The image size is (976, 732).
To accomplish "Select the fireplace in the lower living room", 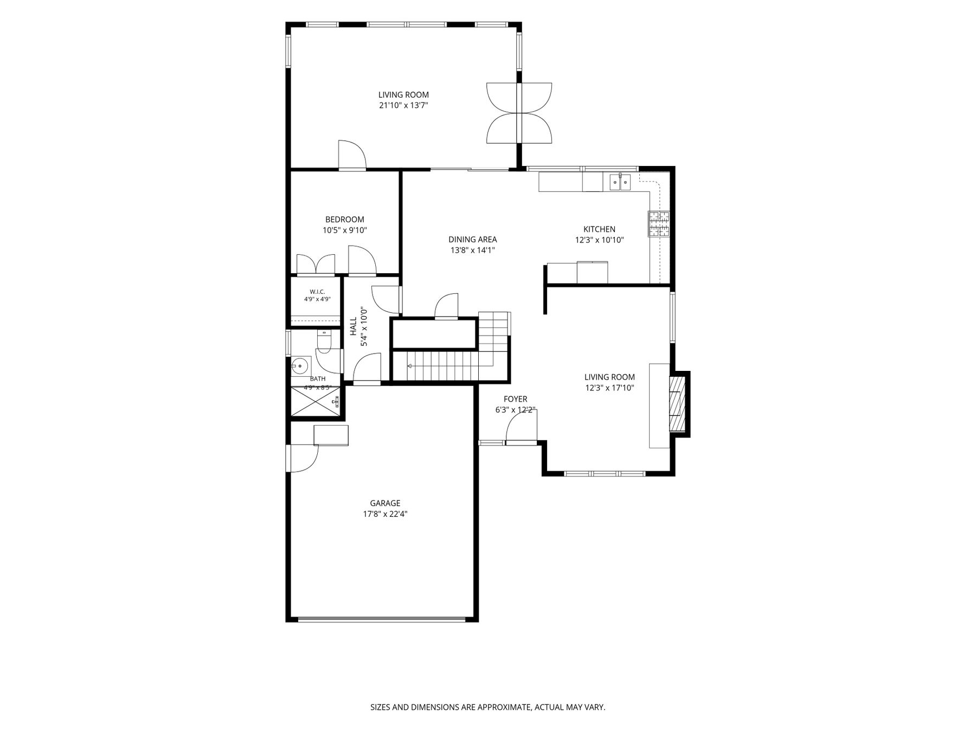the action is tap(678, 403).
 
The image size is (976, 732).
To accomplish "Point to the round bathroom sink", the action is tap(299, 366).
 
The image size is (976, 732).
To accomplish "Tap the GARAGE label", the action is tap(385, 503).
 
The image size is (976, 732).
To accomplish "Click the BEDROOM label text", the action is tap(345, 220).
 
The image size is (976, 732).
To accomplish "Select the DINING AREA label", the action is tap(473, 240).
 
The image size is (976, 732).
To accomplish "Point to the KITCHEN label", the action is tap(599, 229).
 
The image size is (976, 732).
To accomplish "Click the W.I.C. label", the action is tap(317, 292).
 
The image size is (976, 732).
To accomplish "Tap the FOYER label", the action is tap(515, 400).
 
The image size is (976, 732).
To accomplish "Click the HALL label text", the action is tap(354, 326).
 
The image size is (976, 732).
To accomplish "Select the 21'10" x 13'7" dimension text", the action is tap(403, 106).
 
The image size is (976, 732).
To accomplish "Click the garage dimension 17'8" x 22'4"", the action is tap(385, 514).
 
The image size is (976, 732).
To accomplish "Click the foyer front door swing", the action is tap(521, 427).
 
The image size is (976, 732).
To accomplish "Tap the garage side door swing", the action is tap(305, 459).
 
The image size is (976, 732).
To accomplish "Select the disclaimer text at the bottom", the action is tap(487, 707).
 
